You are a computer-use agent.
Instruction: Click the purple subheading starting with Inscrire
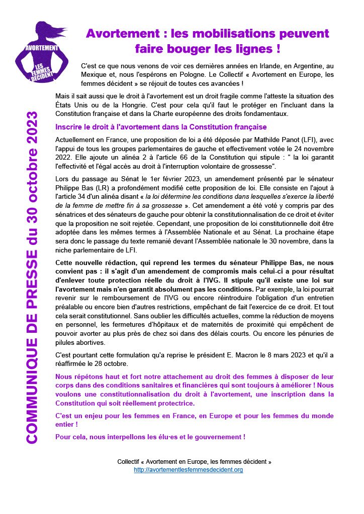coord(161,126)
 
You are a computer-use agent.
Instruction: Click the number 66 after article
coord(162,159)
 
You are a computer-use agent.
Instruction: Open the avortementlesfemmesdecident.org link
coord(188,470)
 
